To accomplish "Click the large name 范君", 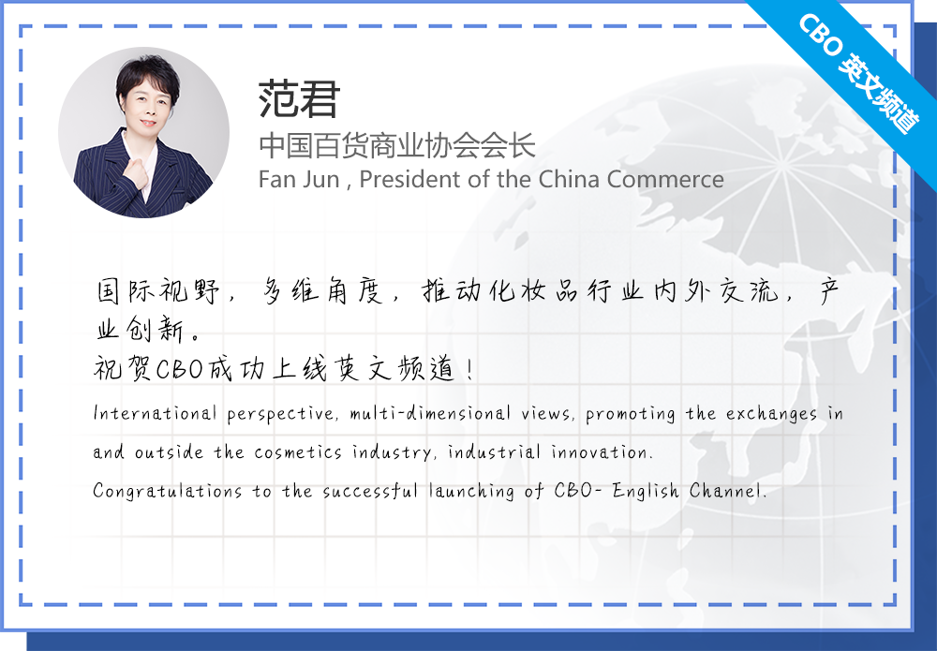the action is coord(299,99).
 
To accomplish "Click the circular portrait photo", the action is coord(143,133).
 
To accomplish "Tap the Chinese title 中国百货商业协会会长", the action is coord(396,146).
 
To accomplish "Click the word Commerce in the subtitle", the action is coord(665,179).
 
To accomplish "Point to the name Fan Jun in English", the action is coord(299,179).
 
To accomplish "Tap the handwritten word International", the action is coord(155,413).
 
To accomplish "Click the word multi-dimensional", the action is coord(430,413).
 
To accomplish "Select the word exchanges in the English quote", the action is coord(771,414).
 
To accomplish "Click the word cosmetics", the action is coord(298,452).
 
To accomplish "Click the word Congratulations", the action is coord(168,492).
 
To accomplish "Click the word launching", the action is coord(471,492).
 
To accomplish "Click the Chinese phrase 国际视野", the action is coord(157,291).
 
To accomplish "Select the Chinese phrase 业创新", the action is coord(141,329).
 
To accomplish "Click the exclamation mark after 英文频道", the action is coord(470,368).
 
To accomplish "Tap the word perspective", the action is coord(280,414).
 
